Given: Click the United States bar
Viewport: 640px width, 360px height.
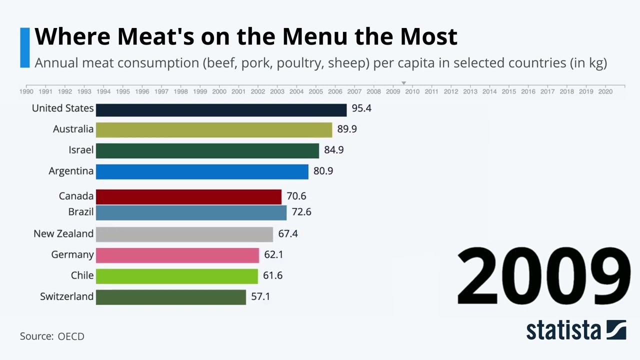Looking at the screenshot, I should pyautogui.click(x=221, y=110).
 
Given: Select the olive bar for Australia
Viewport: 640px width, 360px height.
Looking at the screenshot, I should pyautogui.click(x=214, y=130).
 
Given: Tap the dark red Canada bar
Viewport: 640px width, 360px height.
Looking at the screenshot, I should pyautogui.click(x=188, y=196).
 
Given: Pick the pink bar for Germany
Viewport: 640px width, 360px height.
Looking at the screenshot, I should pyautogui.click(x=177, y=255).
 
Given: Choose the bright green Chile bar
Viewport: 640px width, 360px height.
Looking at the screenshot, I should pyautogui.click(x=177, y=276).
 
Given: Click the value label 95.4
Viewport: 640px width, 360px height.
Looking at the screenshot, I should pyautogui.click(x=361, y=108).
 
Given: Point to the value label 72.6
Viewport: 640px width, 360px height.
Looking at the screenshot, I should pyautogui.click(x=301, y=212).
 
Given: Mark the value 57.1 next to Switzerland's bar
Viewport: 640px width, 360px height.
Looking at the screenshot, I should pyautogui.click(x=260, y=296).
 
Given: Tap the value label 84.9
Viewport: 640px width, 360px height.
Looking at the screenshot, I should pyautogui.click(x=334, y=150).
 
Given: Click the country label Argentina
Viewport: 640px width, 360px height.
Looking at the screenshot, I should pyautogui.click(x=71, y=171).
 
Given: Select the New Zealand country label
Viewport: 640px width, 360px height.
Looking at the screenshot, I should pyautogui.click(x=63, y=233).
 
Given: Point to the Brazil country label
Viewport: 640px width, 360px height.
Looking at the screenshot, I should pyautogui.click(x=81, y=212).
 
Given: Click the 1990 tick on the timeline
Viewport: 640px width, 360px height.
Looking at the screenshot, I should pyautogui.click(x=26, y=91).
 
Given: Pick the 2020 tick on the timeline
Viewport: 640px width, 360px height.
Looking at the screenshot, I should pyautogui.click(x=605, y=91).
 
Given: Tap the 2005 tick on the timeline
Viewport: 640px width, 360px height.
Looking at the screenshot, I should pyautogui.click(x=315, y=91).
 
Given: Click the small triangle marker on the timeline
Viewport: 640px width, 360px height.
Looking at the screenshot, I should pyautogui.click(x=403, y=83).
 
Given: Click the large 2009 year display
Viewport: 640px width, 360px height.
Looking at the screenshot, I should pyautogui.click(x=543, y=276).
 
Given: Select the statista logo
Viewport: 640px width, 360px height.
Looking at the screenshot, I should pyautogui.click(x=576, y=330).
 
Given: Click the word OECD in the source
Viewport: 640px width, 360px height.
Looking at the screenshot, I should pyautogui.click(x=71, y=336).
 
